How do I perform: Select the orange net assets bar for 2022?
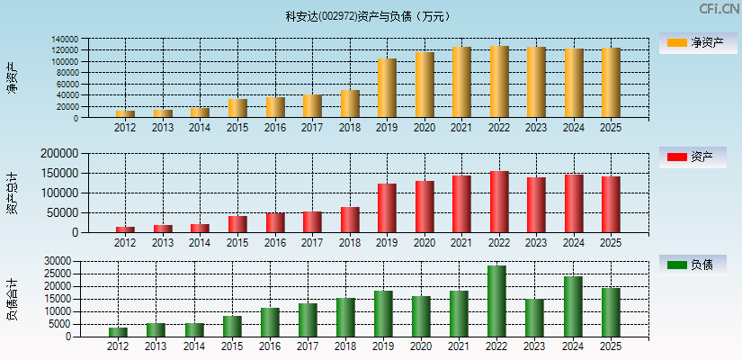499,82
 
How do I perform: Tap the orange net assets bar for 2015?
237,108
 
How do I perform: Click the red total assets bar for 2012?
125,229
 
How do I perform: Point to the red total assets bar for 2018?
350,220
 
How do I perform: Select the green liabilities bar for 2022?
496,301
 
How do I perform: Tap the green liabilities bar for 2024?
573,306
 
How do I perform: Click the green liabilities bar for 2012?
118,331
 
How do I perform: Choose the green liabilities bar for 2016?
270,321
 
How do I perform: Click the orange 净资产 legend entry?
692,42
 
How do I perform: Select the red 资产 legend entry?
692,157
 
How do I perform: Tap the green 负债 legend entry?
692,265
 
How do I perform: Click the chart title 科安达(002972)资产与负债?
368,16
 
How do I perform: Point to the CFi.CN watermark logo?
719,9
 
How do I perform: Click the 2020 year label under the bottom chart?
421,346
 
